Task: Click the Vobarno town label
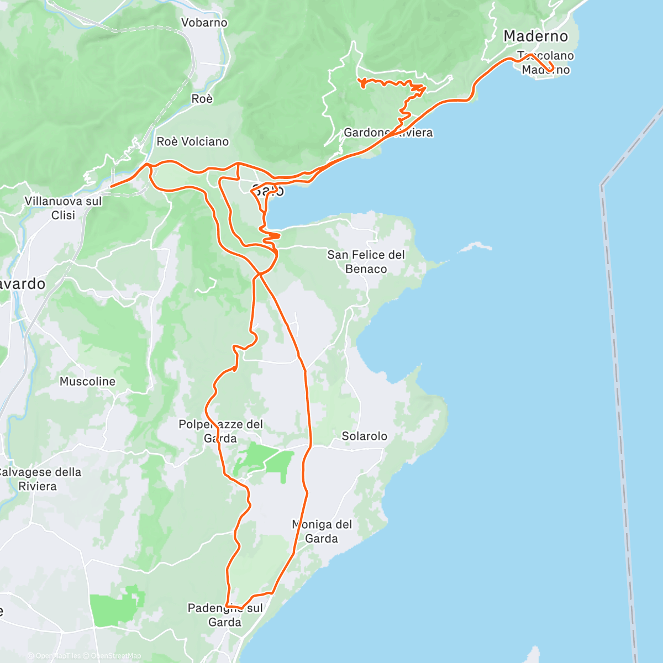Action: (x=204, y=23)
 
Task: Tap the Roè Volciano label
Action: (x=192, y=141)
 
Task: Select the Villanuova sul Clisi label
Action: (x=63, y=208)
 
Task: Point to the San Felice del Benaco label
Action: (x=366, y=262)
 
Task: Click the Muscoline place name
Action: (x=87, y=381)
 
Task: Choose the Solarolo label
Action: (x=364, y=436)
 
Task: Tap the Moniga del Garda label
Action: (x=322, y=531)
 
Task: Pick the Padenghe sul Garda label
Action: (x=225, y=615)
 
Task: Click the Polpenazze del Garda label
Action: (x=220, y=432)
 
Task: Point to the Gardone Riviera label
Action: (x=388, y=133)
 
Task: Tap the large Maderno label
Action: (x=535, y=36)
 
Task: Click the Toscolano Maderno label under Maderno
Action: (x=545, y=62)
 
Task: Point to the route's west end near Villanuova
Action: (x=112, y=186)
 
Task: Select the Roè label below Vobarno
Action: (x=202, y=99)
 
